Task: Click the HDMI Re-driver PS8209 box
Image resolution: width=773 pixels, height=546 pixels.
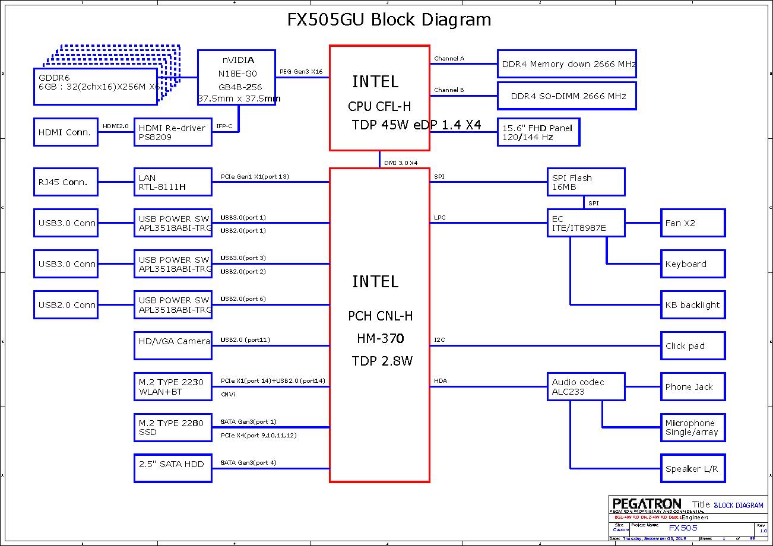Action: pyautogui.click(x=172, y=132)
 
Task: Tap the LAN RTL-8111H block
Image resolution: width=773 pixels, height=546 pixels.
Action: pyautogui.click(x=172, y=182)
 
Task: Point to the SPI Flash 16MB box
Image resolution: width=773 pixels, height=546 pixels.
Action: pyautogui.click(x=585, y=182)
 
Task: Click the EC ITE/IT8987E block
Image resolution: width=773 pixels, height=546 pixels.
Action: pyautogui.click(x=585, y=223)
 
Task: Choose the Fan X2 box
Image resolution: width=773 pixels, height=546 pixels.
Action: pyautogui.click(x=693, y=223)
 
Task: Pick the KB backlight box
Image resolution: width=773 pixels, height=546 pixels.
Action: pyautogui.click(x=693, y=305)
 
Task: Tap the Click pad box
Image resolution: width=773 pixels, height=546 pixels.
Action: pyautogui.click(x=693, y=346)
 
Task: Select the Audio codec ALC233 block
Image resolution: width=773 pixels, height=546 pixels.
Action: pyautogui.click(x=585, y=386)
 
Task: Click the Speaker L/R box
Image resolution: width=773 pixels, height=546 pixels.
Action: pyautogui.click(x=693, y=468)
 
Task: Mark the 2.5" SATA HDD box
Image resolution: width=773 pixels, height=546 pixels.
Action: pyautogui.click(x=172, y=468)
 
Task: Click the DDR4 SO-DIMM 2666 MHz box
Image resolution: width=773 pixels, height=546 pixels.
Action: pyautogui.click(x=566, y=96)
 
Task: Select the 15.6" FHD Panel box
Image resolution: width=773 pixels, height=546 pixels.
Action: pyautogui.click(x=538, y=132)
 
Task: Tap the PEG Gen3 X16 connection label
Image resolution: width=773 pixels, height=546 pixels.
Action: pyautogui.click(x=301, y=72)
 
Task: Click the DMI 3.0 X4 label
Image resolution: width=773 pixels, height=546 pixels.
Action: pyautogui.click(x=401, y=163)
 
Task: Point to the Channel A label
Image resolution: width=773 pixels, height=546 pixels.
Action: pyautogui.click(x=449, y=59)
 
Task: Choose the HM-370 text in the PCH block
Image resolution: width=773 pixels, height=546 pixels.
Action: pyautogui.click(x=380, y=339)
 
